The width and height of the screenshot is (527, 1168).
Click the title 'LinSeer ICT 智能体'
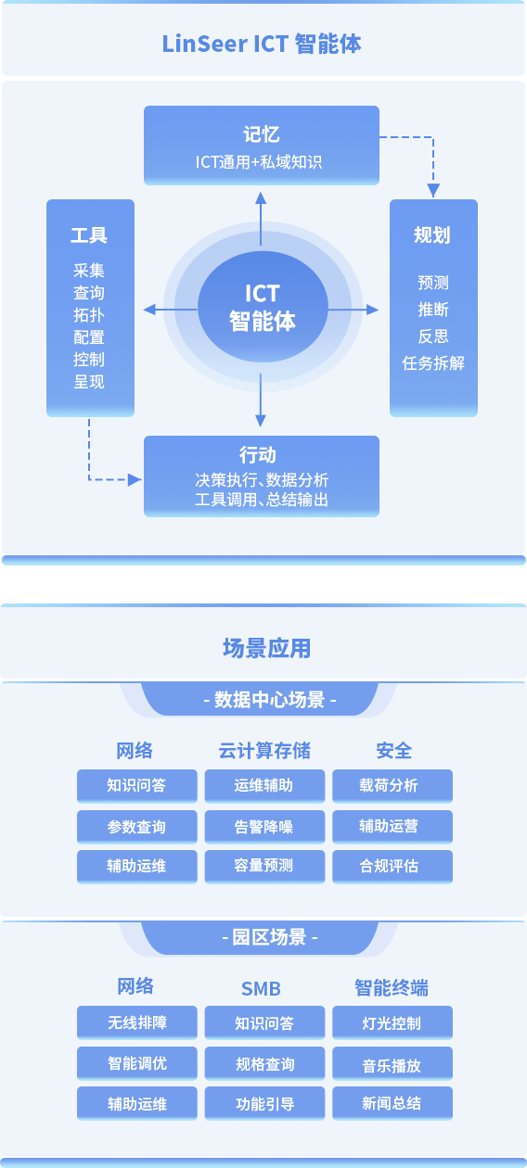[x=262, y=44]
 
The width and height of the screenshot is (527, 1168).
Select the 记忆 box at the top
[x=262, y=146]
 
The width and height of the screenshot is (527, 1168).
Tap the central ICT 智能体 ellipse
[x=263, y=307]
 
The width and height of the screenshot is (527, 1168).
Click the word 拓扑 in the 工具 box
[x=89, y=315]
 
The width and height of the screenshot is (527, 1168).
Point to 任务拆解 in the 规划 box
[x=433, y=363]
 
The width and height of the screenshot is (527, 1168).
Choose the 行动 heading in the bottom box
[x=258, y=454]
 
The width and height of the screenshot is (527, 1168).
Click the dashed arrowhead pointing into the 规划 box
[x=433, y=190]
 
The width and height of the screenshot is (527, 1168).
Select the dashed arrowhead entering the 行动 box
[x=135, y=480]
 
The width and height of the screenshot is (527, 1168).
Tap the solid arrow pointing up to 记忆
[x=261, y=219]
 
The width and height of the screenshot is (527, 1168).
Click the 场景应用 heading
[x=266, y=648]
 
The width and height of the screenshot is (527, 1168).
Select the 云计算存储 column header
[x=264, y=751]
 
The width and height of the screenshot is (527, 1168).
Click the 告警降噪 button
[x=264, y=827]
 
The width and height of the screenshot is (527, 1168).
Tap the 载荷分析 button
[x=392, y=786]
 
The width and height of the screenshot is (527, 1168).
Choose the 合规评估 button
[x=392, y=867]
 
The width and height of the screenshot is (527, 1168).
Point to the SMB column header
[x=261, y=988]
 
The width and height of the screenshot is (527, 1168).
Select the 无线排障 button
[x=137, y=1022]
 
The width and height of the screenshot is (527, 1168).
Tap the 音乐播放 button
[x=392, y=1064]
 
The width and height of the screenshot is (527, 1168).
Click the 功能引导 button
[x=264, y=1103]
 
